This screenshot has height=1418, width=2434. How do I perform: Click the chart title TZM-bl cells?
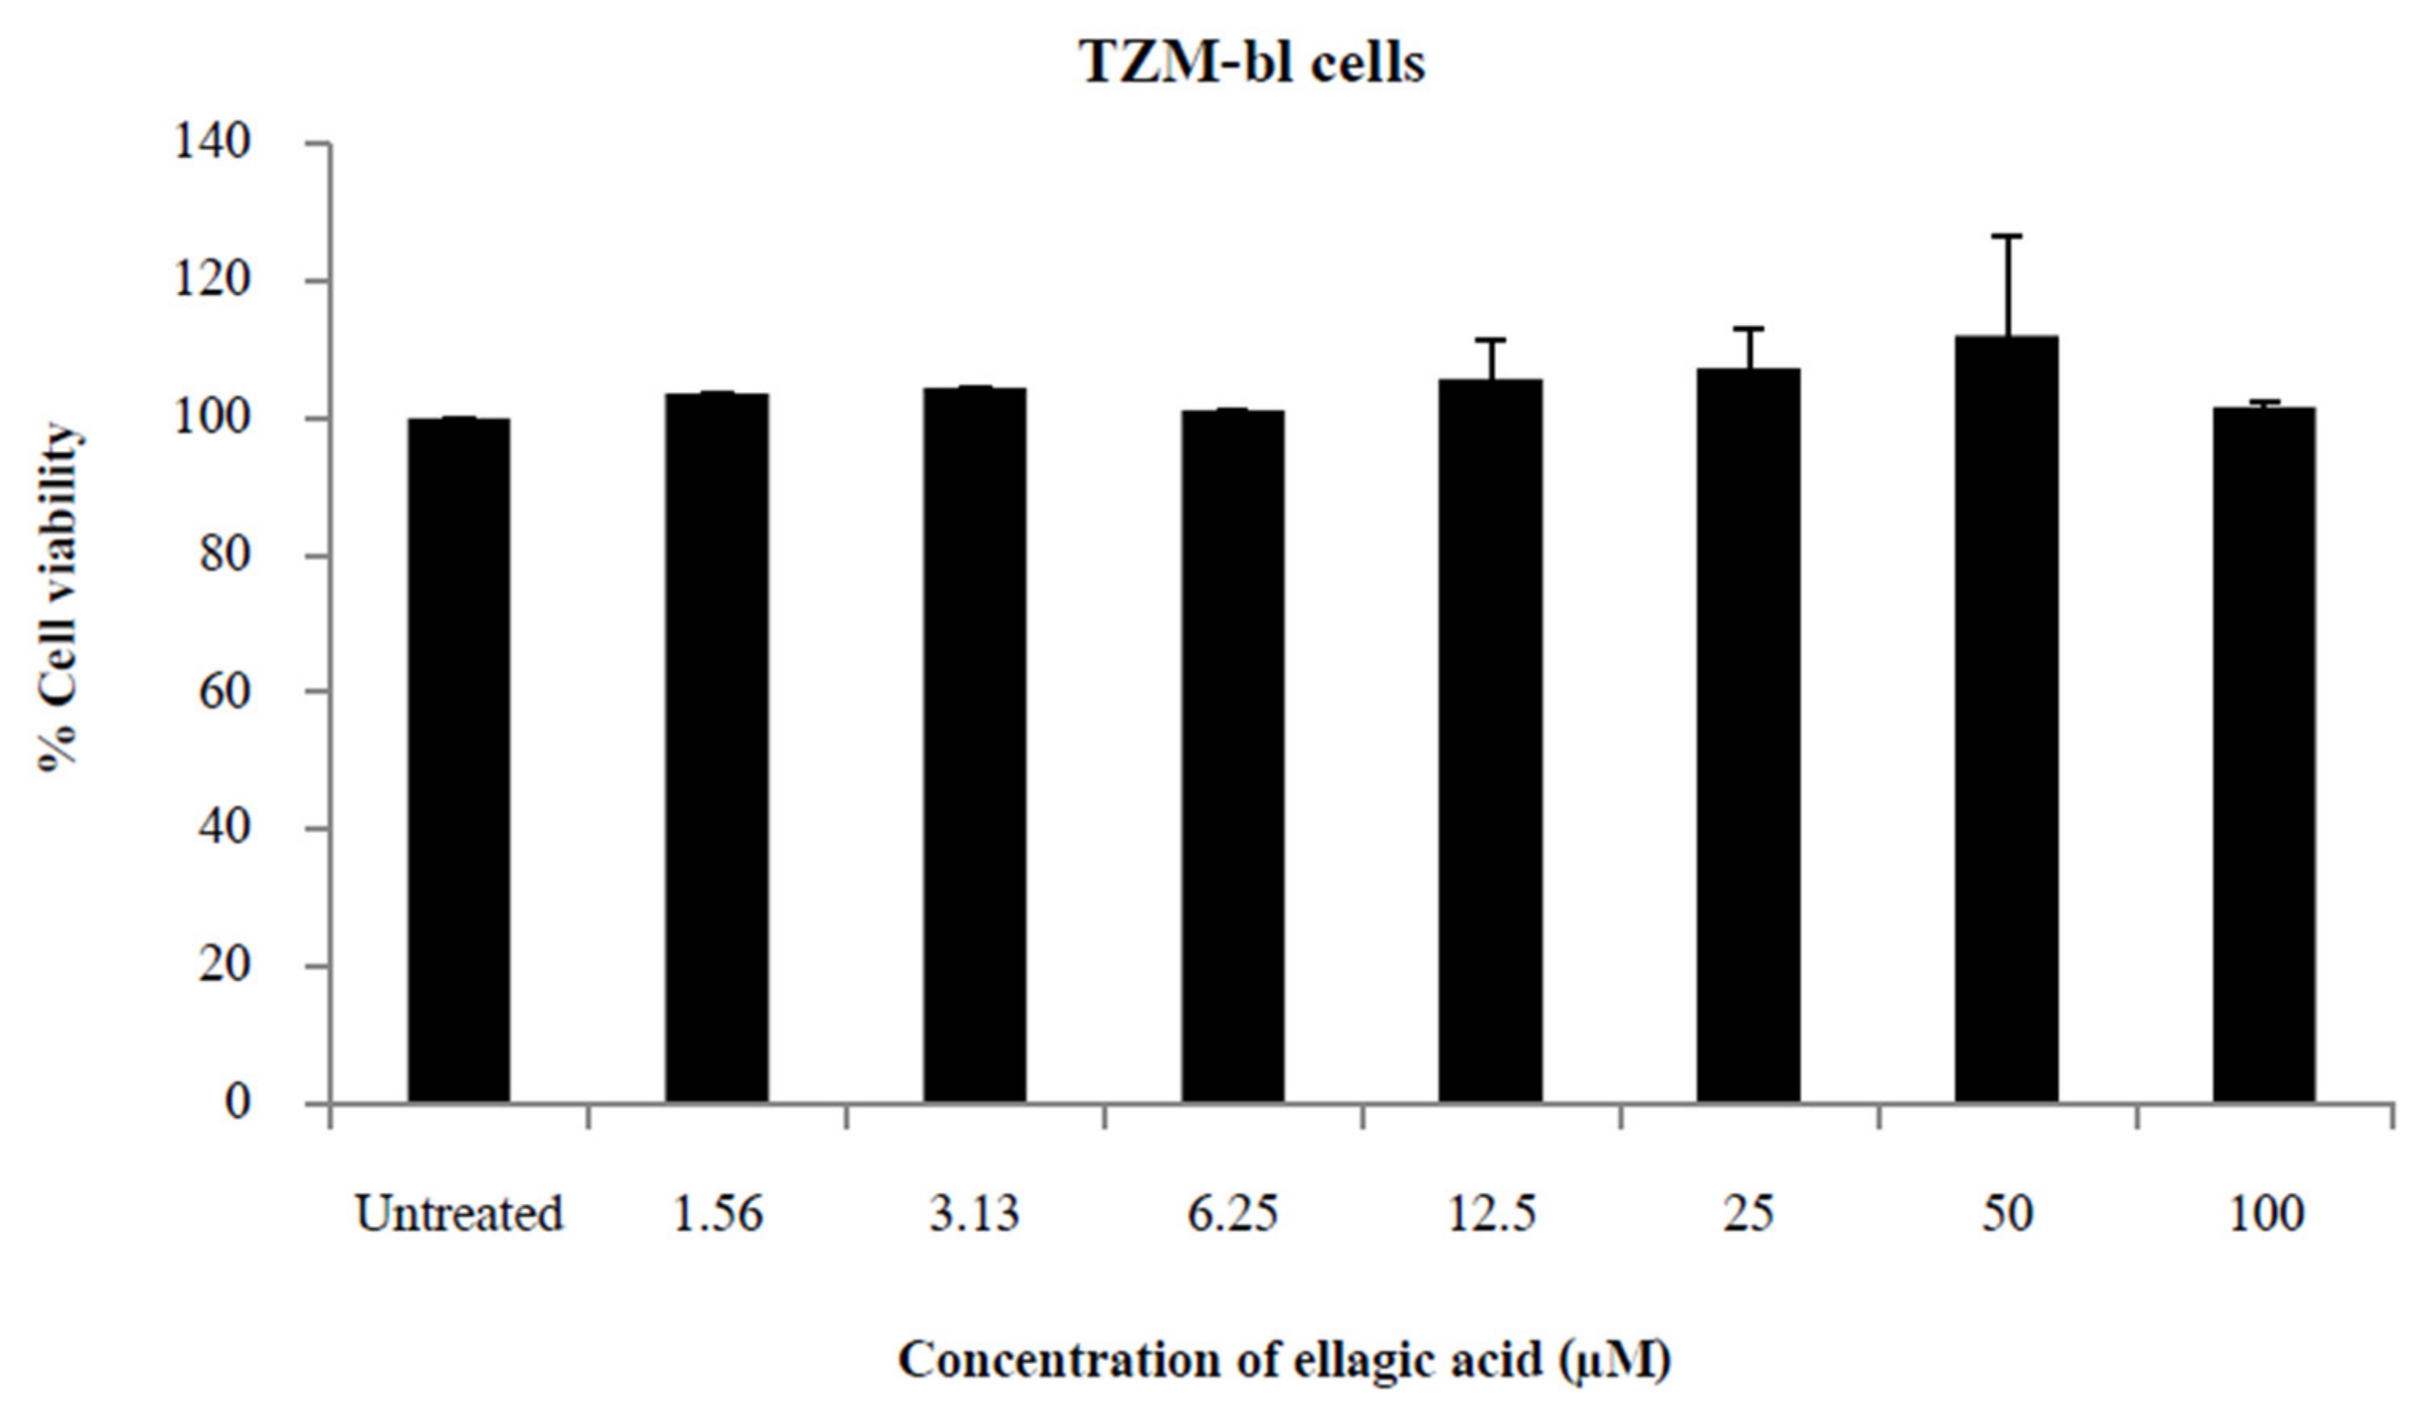(x=1252, y=64)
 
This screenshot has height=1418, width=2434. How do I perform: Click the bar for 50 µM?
(x=2006, y=719)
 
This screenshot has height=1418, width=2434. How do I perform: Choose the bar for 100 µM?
(x=2264, y=754)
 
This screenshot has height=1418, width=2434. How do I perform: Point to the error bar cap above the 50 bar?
(x=2006, y=236)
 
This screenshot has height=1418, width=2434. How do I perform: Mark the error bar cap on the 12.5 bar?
(x=1490, y=340)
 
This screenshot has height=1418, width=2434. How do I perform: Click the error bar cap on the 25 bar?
(x=1748, y=329)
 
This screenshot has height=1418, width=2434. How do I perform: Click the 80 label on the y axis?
(x=224, y=555)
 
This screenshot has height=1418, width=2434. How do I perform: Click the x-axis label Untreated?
(x=459, y=1214)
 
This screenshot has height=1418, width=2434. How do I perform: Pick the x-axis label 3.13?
(x=975, y=1214)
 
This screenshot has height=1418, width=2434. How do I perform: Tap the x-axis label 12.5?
(x=1490, y=1214)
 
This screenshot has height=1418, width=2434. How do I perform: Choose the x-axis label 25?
(x=1748, y=1214)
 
